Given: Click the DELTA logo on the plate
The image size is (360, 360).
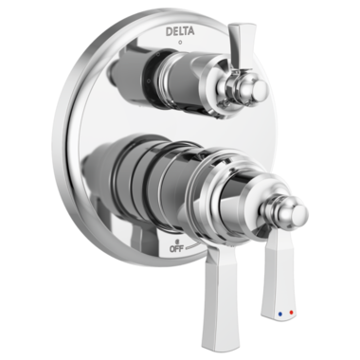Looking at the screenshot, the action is tap(180, 31).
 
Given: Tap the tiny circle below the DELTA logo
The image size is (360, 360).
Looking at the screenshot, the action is tap(180, 42).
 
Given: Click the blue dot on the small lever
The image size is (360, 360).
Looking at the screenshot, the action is tap(279, 315).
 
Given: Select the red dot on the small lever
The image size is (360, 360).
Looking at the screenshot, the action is tap(291, 313).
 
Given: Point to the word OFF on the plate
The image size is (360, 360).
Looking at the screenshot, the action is tap(176, 248).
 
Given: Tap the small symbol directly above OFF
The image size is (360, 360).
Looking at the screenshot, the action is tap(177, 241).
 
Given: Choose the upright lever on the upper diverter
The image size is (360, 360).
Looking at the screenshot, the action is tap(240, 47).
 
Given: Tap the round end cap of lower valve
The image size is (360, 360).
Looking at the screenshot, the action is tap(298, 214).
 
